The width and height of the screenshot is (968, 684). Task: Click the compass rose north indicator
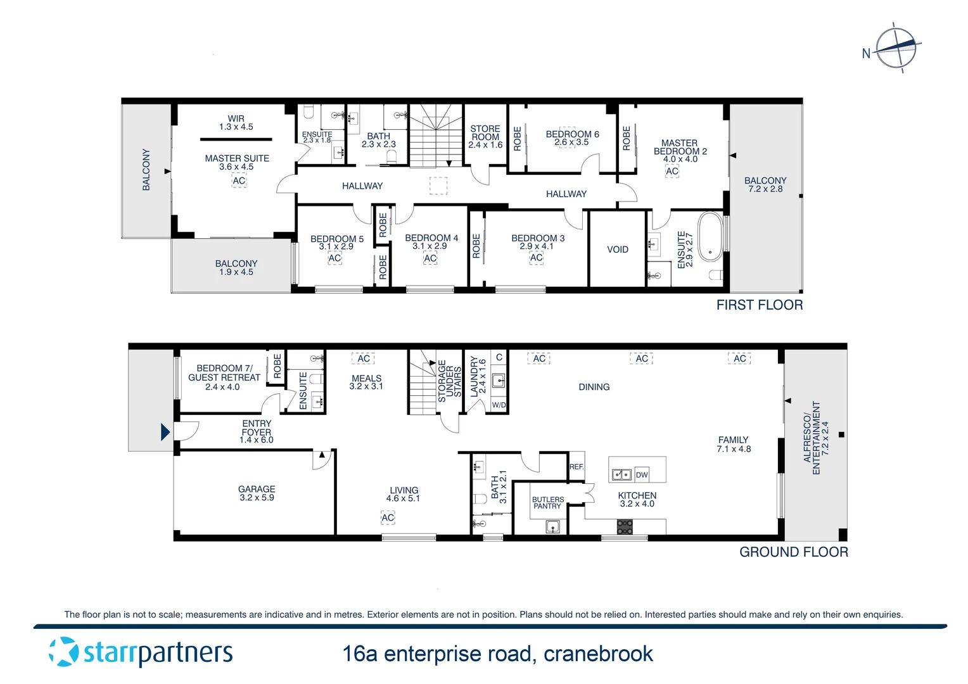point(895,48)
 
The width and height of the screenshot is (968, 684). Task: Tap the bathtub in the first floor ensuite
point(710,237)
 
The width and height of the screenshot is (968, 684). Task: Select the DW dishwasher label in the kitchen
point(642,475)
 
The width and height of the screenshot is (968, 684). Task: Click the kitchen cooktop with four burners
point(625,527)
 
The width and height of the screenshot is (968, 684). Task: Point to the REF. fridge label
point(576,467)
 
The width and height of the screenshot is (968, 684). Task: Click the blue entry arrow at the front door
point(165,432)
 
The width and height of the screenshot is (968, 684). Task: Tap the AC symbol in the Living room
point(388,518)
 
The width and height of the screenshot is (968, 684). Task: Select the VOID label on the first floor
point(618,250)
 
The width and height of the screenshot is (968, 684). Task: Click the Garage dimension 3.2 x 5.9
point(257,498)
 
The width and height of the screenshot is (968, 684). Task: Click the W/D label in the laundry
point(499,405)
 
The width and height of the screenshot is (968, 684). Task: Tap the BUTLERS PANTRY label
point(547,503)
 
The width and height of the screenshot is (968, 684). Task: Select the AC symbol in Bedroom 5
point(334,258)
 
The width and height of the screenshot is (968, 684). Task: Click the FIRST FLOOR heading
point(759,305)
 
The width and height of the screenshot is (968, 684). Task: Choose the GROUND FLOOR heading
point(793,552)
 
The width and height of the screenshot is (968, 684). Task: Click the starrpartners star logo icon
point(64,652)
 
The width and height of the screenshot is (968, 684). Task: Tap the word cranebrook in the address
point(598,654)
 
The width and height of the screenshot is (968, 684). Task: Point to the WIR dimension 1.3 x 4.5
point(236,127)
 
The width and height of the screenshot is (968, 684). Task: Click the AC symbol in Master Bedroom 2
point(672,171)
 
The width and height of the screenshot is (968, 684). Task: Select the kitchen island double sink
point(621,475)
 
